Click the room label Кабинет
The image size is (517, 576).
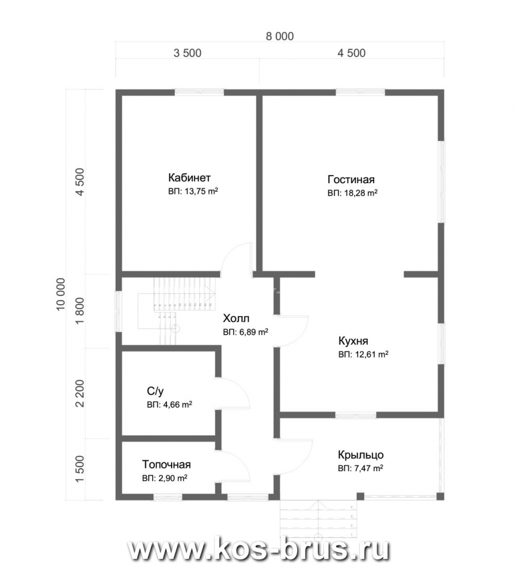[189, 178]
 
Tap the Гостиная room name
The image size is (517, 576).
[351, 180]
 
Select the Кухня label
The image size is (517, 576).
[353, 341]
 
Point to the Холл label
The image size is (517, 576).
[236, 318]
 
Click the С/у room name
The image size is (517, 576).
[155, 391]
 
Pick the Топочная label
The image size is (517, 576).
[166, 465]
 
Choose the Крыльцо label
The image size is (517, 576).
[361, 455]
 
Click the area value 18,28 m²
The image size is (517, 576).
[361, 193]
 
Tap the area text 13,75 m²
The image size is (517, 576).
[202, 191]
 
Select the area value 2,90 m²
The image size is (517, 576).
[173, 478]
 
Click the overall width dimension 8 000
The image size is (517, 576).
[280, 36]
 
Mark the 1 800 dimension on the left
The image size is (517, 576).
[79, 311]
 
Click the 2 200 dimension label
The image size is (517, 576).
[79, 393]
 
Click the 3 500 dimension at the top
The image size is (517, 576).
[187, 53]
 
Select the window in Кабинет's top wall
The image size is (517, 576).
[199, 92]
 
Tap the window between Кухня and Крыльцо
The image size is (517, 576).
[356, 415]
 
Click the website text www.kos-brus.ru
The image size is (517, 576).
[258, 550]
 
